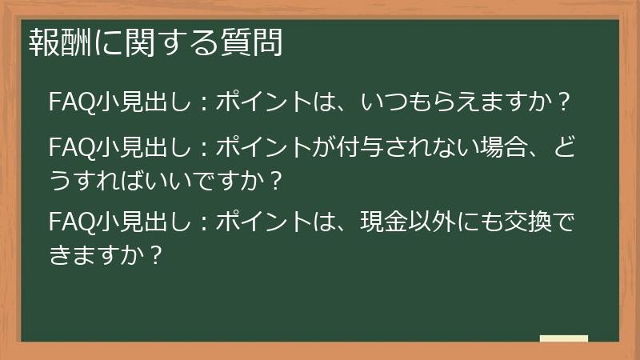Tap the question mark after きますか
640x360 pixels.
click(158, 254)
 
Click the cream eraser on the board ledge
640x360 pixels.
click(564, 339)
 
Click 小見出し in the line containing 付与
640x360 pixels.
click(140, 147)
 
